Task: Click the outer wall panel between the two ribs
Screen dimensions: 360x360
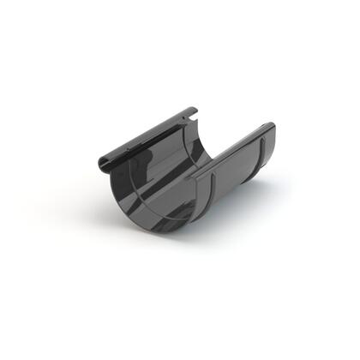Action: click(x=233, y=180)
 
